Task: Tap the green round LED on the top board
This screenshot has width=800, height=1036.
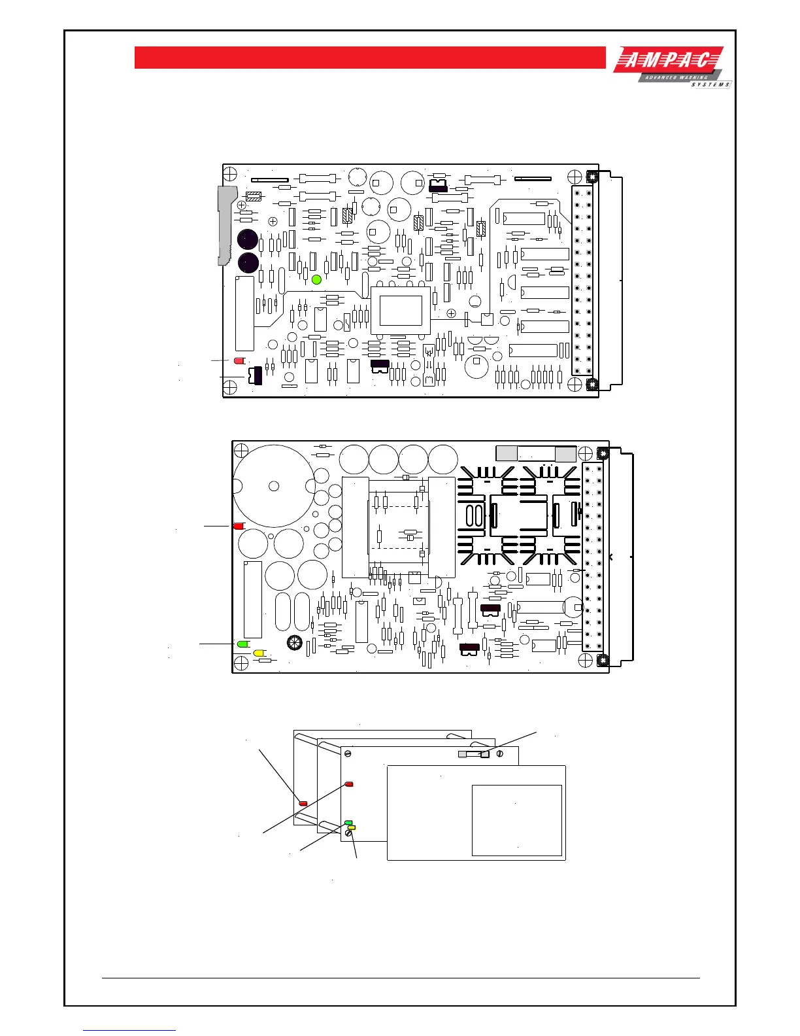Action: [x=317, y=279]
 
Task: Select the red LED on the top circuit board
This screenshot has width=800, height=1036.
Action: [x=239, y=360]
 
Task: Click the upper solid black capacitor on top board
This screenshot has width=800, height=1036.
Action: [x=247, y=239]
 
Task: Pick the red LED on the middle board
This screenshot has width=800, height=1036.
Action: [x=239, y=526]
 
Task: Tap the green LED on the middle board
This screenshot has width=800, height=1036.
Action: [x=243, y=644]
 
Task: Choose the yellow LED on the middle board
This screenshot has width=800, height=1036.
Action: [x=259, y=653]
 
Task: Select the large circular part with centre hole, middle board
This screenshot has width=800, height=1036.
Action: [x=274, y=485]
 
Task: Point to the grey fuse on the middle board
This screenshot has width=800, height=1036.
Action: [x=536, y=453]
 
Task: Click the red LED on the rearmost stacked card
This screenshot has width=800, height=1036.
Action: [x=303, y=803]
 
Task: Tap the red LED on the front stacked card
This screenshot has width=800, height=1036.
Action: [x=349, y=784]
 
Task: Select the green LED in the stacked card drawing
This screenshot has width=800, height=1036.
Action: [x=348, y=822]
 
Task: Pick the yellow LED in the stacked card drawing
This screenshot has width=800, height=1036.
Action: [x=352, y=828]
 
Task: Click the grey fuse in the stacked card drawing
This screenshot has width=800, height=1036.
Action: [x=475, y=754]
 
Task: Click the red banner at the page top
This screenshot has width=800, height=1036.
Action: [x=370, y=58]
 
